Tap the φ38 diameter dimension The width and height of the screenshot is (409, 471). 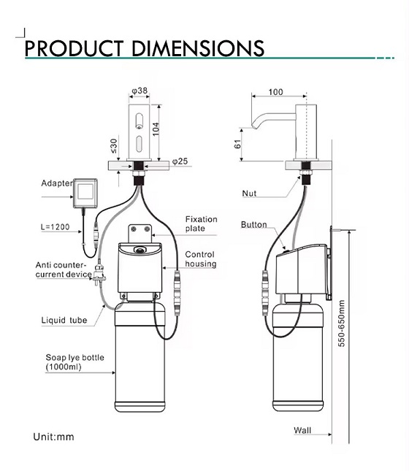click(x=139, y=91)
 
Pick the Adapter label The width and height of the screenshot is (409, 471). click(x=56, y=183)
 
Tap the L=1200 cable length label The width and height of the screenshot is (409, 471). click(x=56, y=228)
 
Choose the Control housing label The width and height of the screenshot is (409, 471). click(x=200, y=259)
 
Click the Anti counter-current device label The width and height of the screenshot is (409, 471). click(x=61, y=269)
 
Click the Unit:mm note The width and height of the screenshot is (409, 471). click(x=53, y=437)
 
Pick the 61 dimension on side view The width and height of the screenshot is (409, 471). click(x=237, y=145)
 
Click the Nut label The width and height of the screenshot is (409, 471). click(x=250, y=194)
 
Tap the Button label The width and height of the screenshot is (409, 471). click(x=253, y=225)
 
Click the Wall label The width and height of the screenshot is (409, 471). click(x=302, y=430)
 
